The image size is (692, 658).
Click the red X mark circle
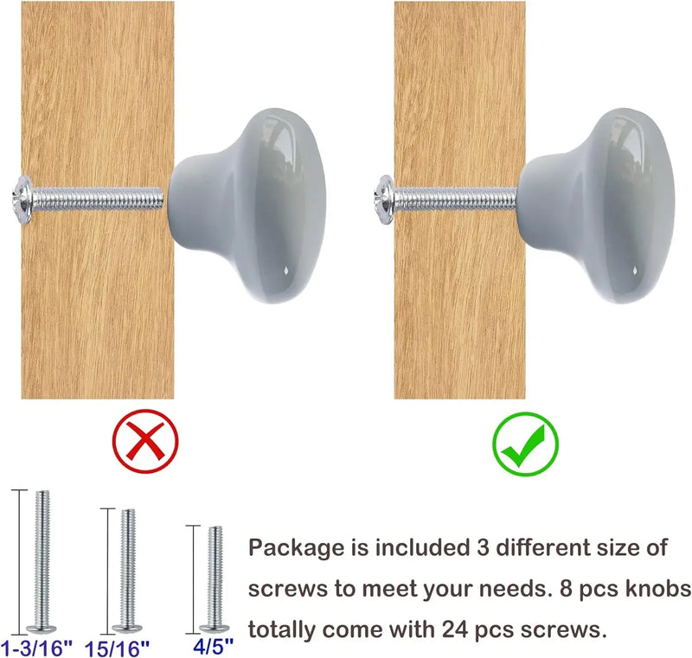(x=145, y=441)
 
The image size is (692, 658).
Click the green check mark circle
(x=525, y=444)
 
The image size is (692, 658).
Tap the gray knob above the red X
(x=247, y=206)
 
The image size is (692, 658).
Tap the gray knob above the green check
(x=597, y=206)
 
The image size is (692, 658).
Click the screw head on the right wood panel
(x=384, y=200)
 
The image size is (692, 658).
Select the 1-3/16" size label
(x=36, y=648)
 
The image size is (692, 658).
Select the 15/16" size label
(x=118, y=648)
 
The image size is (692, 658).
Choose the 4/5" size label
(x=213, y=646)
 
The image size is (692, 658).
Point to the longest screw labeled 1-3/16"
(x=42, y=561)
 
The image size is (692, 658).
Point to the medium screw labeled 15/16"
(x=127, y=571)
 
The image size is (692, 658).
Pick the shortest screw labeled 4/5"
(x=215, y=579)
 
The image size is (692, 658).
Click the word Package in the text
(x=296, y=548)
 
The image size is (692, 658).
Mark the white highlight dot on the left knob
(x=285, y=269)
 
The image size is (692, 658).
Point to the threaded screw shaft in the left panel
(x=98, y=199)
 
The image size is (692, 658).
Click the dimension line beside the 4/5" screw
(x=193, y=579)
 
